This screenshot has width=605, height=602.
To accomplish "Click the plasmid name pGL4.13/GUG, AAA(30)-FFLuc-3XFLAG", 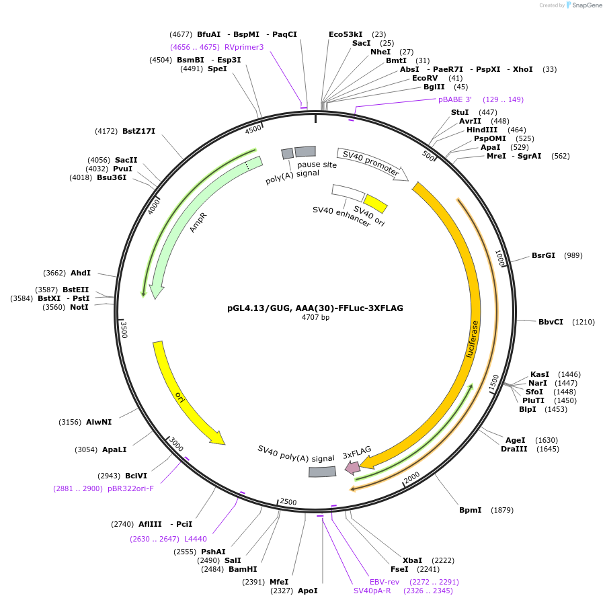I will click(x=315, y=308).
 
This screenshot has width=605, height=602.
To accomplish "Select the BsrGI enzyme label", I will click(x=543, y=255).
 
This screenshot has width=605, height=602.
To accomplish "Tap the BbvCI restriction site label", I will click(x=551, y=322).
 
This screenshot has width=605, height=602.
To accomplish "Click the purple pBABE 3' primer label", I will click(x=455, y=99).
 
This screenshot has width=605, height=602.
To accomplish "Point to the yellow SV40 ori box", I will click(x=376, y=203).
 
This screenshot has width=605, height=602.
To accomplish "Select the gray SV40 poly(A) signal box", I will click(x=322, y=472).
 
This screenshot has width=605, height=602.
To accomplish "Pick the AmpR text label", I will click(x=198, y=224).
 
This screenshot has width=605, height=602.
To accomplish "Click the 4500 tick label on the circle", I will click(x=253, y=129).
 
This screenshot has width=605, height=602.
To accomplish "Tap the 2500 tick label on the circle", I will click(x=288, y=502).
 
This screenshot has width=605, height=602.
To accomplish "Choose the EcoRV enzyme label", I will click(x=425, y=78).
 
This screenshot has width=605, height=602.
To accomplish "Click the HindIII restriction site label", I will click(x=483, y=130).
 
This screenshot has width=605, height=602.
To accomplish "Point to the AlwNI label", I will click(x=99, y=423).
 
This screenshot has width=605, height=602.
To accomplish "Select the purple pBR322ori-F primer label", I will click(x=130, y=488).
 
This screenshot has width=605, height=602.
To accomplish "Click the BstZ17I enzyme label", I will click(x=138, y=131).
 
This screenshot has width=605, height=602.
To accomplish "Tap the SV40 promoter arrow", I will click(x=372, y=165).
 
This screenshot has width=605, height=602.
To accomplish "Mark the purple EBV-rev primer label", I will click(x=385, y=582).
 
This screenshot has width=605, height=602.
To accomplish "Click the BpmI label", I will click(x=470, y=510).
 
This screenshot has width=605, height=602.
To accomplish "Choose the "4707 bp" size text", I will click(x=315, y=317).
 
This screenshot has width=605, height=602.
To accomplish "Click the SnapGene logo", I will click(x=582, y=5).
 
